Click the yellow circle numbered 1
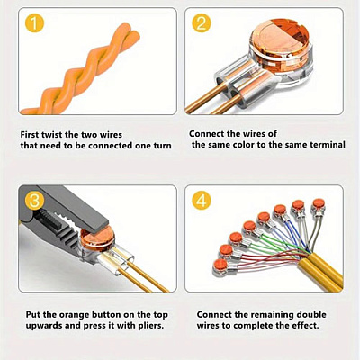point(35,23)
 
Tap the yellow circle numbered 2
point(202,23)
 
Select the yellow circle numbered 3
point(35,201)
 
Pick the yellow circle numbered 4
point(202,201)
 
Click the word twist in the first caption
point(51,135)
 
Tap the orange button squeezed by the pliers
point(97,238)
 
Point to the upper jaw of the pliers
point(78,207)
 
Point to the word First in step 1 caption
point(30,135)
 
